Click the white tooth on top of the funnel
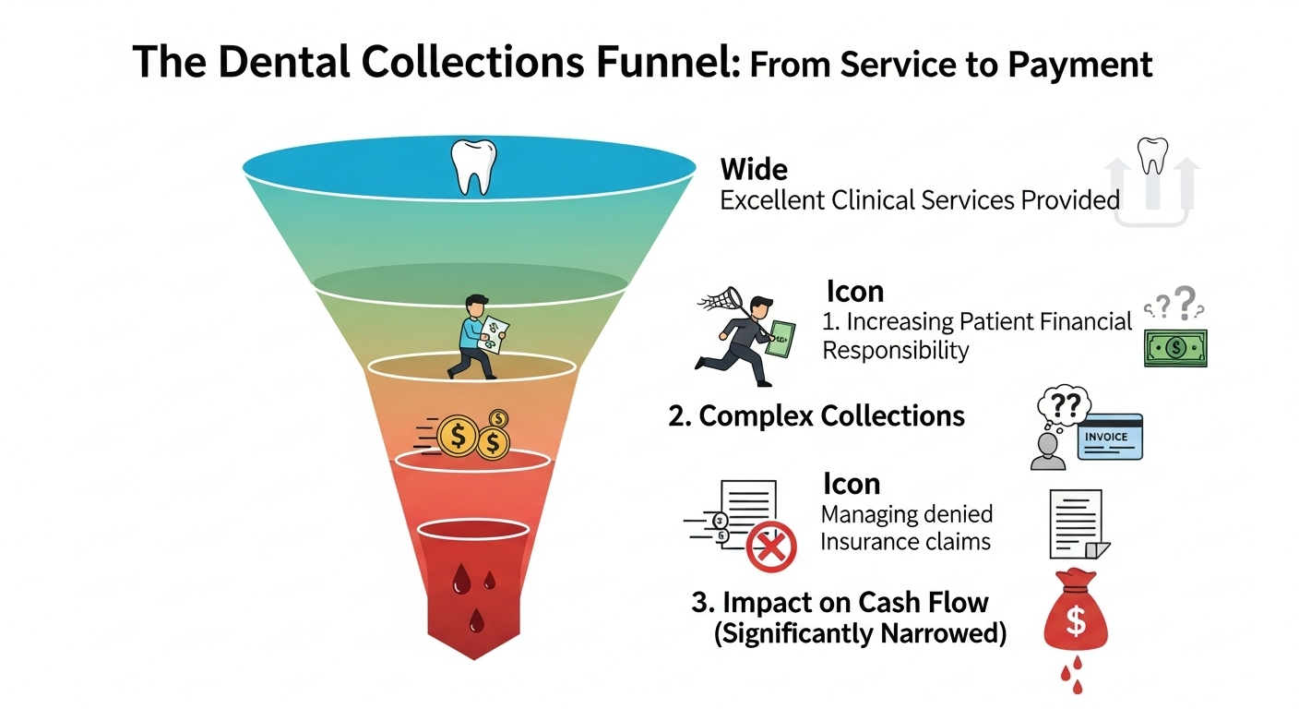click(x=472, y=167)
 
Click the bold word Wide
click(x=754, y=170)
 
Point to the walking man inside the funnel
click(x=478, y=336)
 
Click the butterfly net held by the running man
click(x=722, y=296)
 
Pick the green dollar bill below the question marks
click(x=1174, y=348)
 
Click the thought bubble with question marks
click(x=1064, y=406)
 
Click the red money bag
click(x=1075, y=616)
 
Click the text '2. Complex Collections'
click(x=816, y=416)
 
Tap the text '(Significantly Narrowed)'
click(x=860, y=635)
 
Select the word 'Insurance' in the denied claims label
click(x=864, y=541)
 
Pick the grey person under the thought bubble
click(x=1047, y=451)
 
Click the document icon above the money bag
click(x=1077, y=523)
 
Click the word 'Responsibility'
click(x=895, y=351)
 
